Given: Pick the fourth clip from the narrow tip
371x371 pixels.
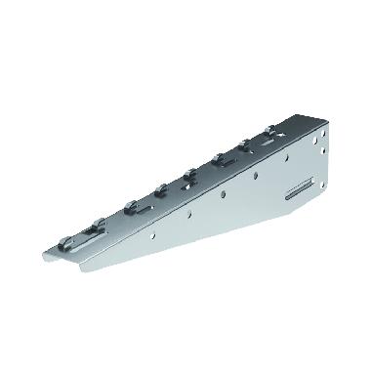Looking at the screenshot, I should [x=188, y=175].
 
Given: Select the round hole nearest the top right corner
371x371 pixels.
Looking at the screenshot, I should [x=317, y=136].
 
